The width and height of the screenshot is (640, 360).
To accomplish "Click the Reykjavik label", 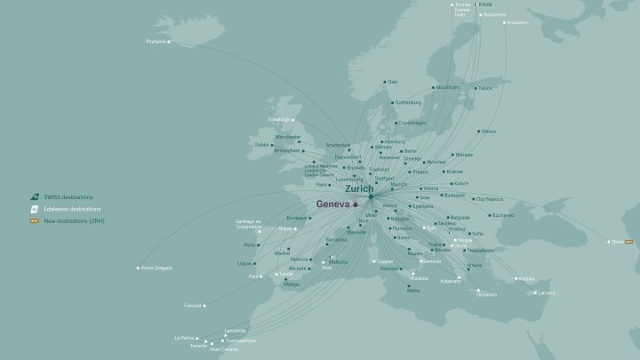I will pos(156,41).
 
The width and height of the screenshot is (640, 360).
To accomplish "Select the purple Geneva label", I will pos(332,204).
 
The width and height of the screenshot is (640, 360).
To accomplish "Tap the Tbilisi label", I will pos(617,241).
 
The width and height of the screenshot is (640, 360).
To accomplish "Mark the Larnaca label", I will pos(547,292).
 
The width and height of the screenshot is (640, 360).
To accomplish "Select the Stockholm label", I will pos(447,87).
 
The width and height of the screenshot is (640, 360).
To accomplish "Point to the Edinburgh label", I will pos(279,119).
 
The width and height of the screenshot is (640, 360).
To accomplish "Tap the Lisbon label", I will pos(244,263).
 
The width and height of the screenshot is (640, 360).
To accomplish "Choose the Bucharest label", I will pos(503,214).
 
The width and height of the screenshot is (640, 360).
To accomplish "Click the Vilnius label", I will pos(489,131).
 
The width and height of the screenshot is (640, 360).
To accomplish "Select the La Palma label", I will pos(184,338).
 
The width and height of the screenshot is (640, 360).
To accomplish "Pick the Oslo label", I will pos(392,82).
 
